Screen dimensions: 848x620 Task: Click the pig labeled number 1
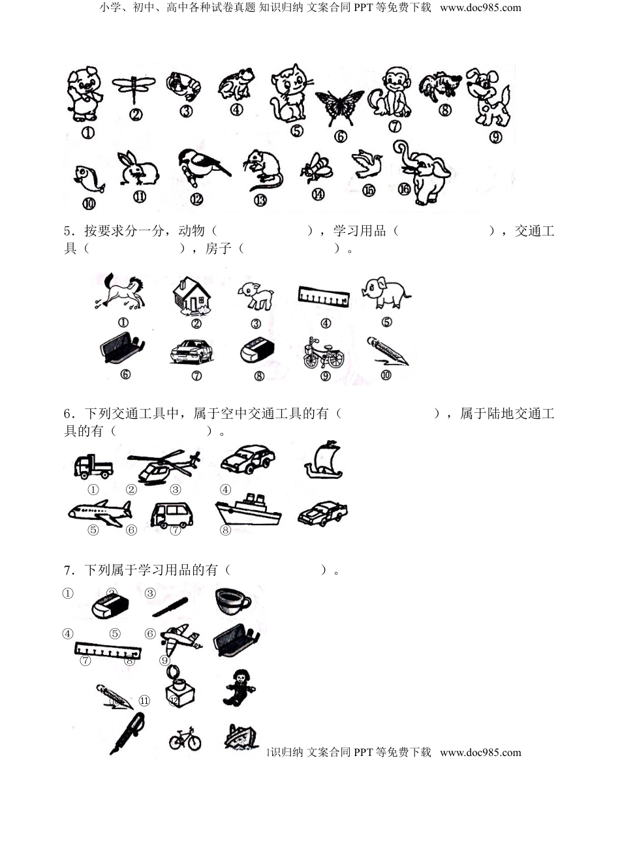pos(84,95)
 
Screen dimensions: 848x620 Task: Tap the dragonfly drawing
pos(134,87)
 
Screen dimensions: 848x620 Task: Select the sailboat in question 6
pos(324,461)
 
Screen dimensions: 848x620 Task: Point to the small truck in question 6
pos(93,466)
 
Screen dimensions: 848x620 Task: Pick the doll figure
pos(238,688)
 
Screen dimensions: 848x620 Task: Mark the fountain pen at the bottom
pos(128,734)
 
